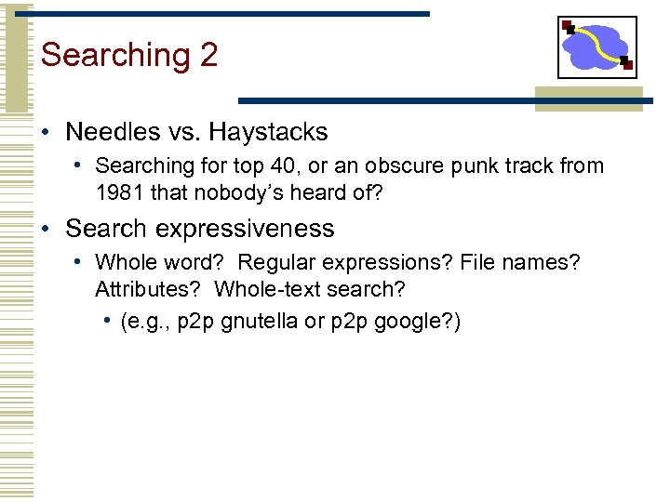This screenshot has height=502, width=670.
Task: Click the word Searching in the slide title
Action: pos(115,56)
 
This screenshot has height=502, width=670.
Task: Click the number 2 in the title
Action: pos(208,55)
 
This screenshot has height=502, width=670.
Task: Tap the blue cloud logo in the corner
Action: pos(597,46)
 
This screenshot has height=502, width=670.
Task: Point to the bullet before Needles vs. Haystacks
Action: pos(46,132)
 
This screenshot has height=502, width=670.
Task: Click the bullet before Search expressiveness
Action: pos(46,229)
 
